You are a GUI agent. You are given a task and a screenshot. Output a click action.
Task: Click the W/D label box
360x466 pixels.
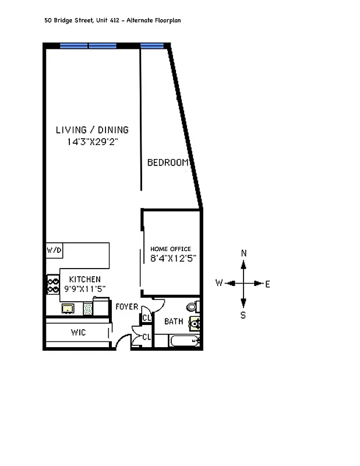pos(54,250)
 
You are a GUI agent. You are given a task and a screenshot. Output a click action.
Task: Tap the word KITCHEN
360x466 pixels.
pos(84,280)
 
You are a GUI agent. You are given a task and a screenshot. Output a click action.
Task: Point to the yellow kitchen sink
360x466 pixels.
pos(67,308)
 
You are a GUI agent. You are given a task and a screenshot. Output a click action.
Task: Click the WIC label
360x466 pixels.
pos(79,333)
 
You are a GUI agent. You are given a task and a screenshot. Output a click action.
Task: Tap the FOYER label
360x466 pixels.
pos(126,307)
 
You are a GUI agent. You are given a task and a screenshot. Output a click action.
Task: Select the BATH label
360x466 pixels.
pos(174,322)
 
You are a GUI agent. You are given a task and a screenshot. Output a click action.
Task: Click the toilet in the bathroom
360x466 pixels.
pos(192,306)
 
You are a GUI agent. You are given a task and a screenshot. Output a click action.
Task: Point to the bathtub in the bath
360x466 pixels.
pos(184,341)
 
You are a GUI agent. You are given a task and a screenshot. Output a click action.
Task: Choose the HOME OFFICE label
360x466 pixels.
pos(171,249)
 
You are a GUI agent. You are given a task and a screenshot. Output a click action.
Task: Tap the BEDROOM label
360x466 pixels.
pos(168,163)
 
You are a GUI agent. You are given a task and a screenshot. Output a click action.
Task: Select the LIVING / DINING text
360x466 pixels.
pos(92,130)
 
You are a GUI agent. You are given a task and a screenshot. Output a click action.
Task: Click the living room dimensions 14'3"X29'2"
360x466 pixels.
pos(92,142)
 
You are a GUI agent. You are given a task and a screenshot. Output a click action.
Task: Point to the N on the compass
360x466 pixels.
pos(243,253)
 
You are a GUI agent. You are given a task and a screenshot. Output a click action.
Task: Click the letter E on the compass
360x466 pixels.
pos(267,284)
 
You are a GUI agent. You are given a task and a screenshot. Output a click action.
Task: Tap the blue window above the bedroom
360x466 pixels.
pos(151,45)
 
